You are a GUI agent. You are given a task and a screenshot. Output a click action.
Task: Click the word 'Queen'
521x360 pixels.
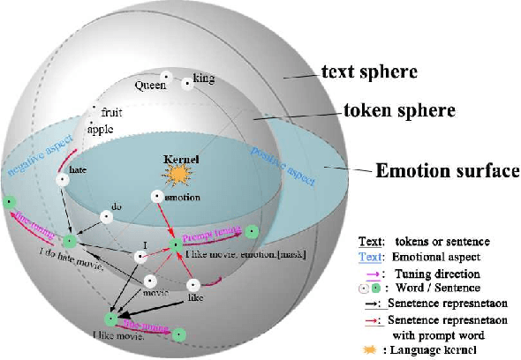pos(150,86)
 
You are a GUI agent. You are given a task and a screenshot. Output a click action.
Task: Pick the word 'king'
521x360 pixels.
pos(203,79)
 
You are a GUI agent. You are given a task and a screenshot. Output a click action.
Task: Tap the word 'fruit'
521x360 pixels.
pos(112,113)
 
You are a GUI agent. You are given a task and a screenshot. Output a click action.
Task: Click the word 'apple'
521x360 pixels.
pos(101,129)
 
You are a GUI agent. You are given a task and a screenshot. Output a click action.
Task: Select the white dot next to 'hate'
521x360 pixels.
pos(63,180)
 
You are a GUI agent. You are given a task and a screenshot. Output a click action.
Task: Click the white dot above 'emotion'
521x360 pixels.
pos(156,196)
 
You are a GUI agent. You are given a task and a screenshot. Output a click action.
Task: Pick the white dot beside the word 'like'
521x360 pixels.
pos(194,284)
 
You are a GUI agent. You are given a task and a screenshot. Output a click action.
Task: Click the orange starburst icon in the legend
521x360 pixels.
pos(367,350)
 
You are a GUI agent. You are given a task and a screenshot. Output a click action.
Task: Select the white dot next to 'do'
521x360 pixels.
pos(105,216)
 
